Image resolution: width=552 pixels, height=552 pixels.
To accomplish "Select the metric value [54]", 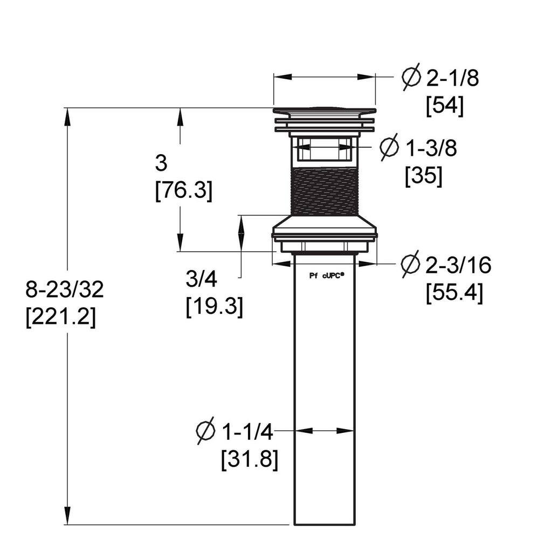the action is (x=445, y=106).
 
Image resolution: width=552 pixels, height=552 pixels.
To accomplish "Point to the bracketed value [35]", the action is (x=424, y=176).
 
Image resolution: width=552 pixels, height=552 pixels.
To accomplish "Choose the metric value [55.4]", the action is (x=454, y=293).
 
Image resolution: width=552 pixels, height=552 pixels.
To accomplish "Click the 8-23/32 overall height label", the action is (x=65, y=289).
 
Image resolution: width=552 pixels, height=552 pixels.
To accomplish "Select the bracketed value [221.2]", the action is (x=60, y=318).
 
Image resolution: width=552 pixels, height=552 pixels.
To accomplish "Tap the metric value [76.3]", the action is (x=184, y=192).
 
